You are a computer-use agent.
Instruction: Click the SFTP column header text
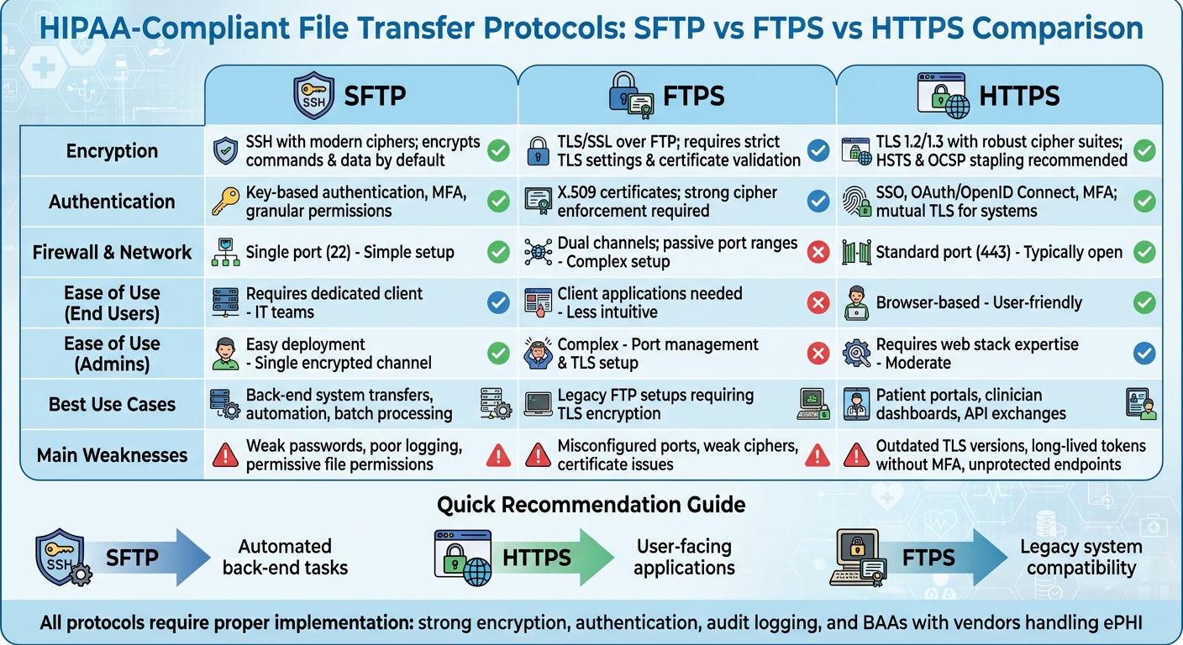[x=375, y=96]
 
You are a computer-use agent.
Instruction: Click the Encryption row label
[x=112, y=151]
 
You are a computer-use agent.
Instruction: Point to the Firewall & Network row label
[x=112, y=252]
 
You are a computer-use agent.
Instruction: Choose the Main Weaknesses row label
[x=112, y=455]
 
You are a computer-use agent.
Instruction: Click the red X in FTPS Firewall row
[x=818, y=252]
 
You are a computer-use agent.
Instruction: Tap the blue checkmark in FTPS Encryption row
[x=818, y=151]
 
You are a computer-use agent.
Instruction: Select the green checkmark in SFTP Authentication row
[x=498, y=202]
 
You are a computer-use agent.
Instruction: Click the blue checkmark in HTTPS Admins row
[x=1144, y=354]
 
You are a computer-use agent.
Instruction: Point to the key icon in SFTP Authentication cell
[x=224, y=202]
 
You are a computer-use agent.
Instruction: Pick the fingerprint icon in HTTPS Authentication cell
[x=855, y=202]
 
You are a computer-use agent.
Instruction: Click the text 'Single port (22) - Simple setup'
[x=350, y=252]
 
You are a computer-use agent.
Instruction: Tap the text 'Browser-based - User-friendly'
[x=979, y=302]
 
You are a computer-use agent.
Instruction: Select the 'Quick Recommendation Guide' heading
[x=591, y=505]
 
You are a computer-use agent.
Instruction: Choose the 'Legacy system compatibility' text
[x=1080, y=557]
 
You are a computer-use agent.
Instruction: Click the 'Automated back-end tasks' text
[x=285, y=557]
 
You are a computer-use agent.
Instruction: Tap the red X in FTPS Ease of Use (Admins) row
[x=818, y=354]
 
